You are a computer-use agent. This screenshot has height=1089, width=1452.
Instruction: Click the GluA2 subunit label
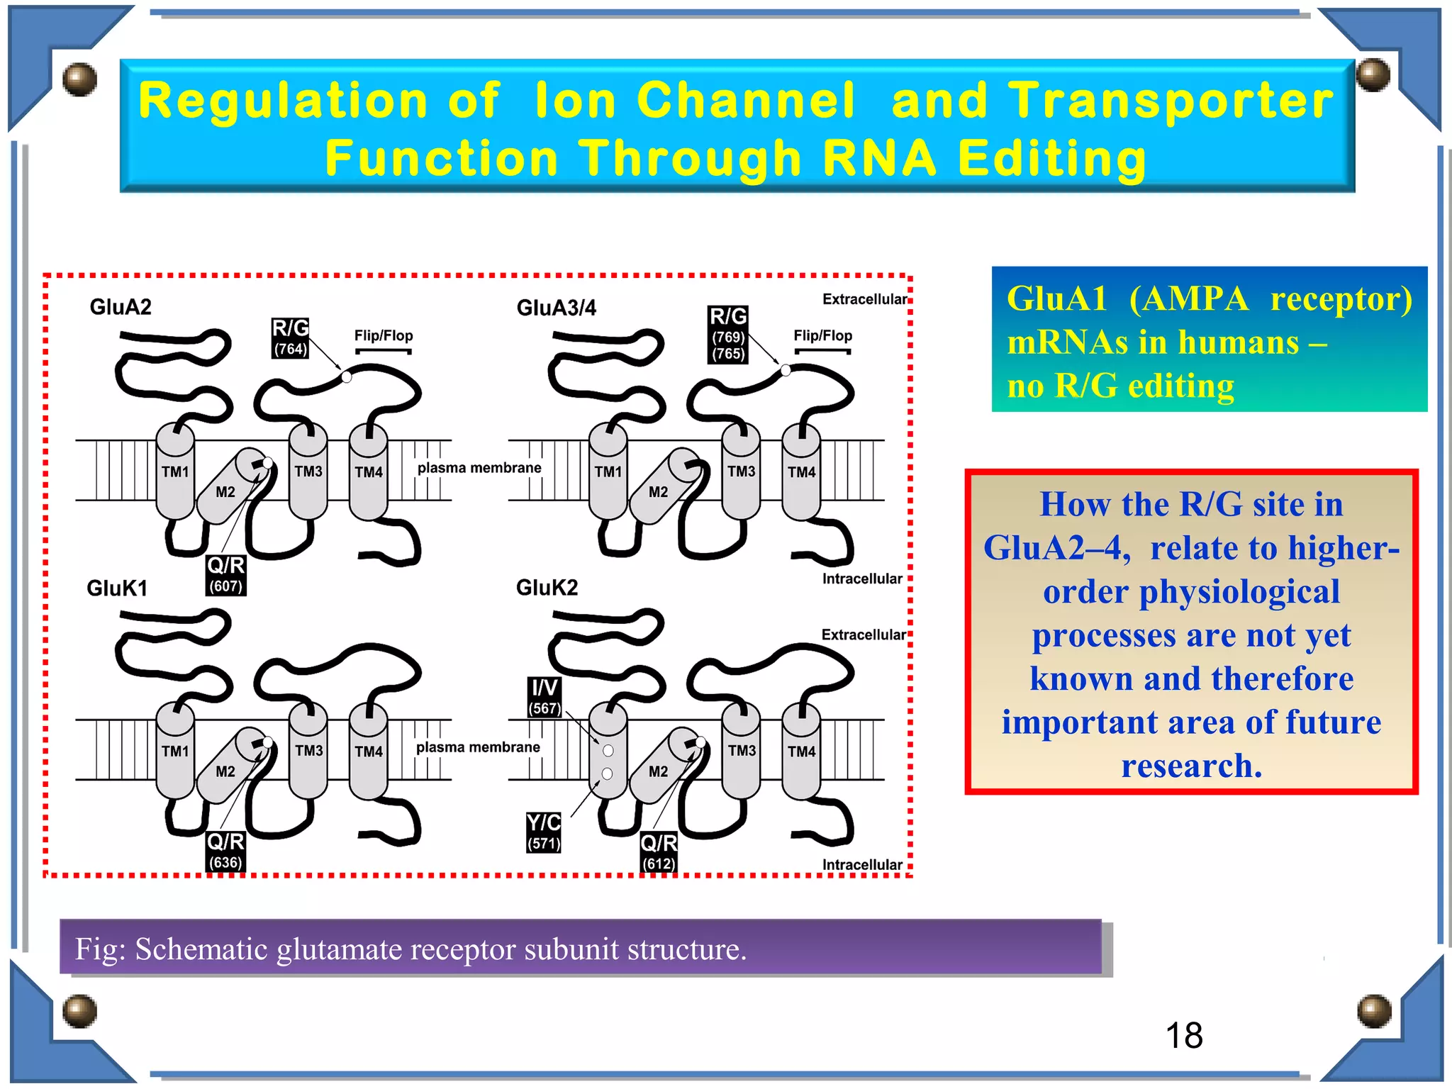coord(121,307)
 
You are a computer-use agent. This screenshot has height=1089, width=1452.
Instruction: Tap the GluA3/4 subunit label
coord(557,308)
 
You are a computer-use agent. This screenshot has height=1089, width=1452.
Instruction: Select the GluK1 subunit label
coord(117,588)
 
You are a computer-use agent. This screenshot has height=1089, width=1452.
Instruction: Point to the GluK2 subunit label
coord(547,587)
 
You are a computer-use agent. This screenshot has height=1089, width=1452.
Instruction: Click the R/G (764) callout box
coord(291,337)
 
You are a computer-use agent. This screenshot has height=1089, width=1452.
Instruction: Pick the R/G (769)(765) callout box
coord(728,334)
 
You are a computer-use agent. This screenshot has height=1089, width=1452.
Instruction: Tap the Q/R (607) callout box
coord(226,574)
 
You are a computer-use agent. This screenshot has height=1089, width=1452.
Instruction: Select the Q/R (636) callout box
coord(225,851)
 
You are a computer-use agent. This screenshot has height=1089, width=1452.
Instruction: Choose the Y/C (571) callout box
coord(544,832)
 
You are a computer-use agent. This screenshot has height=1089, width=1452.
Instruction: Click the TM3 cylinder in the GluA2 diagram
coord(308,471)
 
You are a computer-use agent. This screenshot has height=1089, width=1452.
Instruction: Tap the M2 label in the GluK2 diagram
coord(658,771)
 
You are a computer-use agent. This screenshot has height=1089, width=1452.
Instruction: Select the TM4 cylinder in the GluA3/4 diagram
coord(801,472)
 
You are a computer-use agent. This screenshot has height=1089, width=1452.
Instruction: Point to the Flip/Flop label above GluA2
coord(384,335)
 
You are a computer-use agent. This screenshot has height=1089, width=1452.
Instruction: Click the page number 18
coord(1184,1036)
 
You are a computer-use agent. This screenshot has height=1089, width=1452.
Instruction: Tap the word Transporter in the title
coord(1171,100)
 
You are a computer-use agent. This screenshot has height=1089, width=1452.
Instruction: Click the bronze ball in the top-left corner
coord(79,79)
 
